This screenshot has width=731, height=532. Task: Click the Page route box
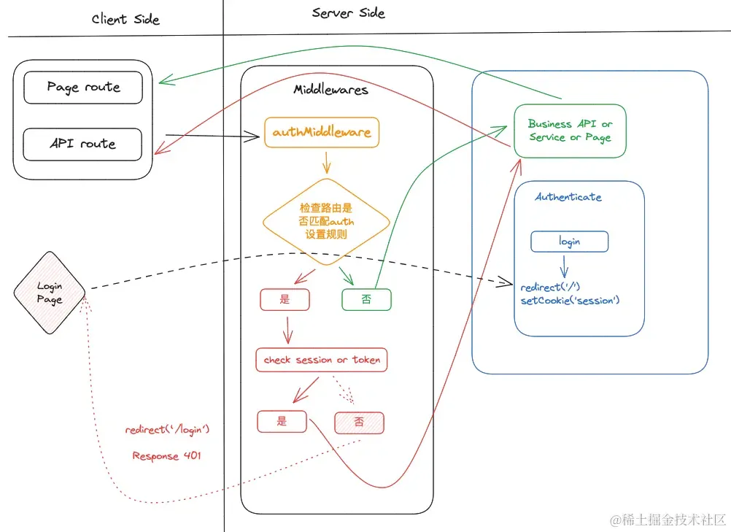pyautogui.click(x=83, y=87)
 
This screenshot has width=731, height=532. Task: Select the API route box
pyautogui.click(x=82, y=144)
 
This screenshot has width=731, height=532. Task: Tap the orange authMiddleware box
pyautogui.click(x=322, y=132)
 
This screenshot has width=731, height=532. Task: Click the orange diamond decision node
pyautogui.click(x=326, y=222)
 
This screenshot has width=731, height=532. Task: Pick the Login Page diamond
pyautogui.click(x=50, y=293)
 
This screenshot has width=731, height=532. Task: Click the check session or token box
pyautogui.click(x=322, y=360)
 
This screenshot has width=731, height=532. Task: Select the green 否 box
pyautogui.click(x=366, y=299)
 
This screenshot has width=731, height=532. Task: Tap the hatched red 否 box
pyautogui.click(x=359, y=423)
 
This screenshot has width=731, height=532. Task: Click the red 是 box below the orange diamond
pyautogui.click(x=285, y=299)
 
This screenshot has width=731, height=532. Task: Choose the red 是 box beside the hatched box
pyautogui.click(x=282, y=422)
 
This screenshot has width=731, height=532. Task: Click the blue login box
pyautogui.click(x=570, y=242)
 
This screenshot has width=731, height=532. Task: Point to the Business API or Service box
pyautogui.click(x=571, y=131)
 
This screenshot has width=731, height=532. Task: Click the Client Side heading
pyautogui.click(x=125, y=19)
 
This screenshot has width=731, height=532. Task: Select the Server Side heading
pyautogui.click(x=348, y=13)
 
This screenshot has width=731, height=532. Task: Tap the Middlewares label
pyautogui.click(x=330, y=90)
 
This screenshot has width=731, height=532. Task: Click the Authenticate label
pyautogui.click(x=568, y=197)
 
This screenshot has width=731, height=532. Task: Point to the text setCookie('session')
pyautogui.click(x=571, y=301)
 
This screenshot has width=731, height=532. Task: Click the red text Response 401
pyautogui.click(x=166, y=455)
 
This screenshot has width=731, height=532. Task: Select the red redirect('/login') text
pyautogui.click(x=167, y=429)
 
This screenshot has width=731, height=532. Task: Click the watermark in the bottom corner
pyautogui.click(x=668, y=520)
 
